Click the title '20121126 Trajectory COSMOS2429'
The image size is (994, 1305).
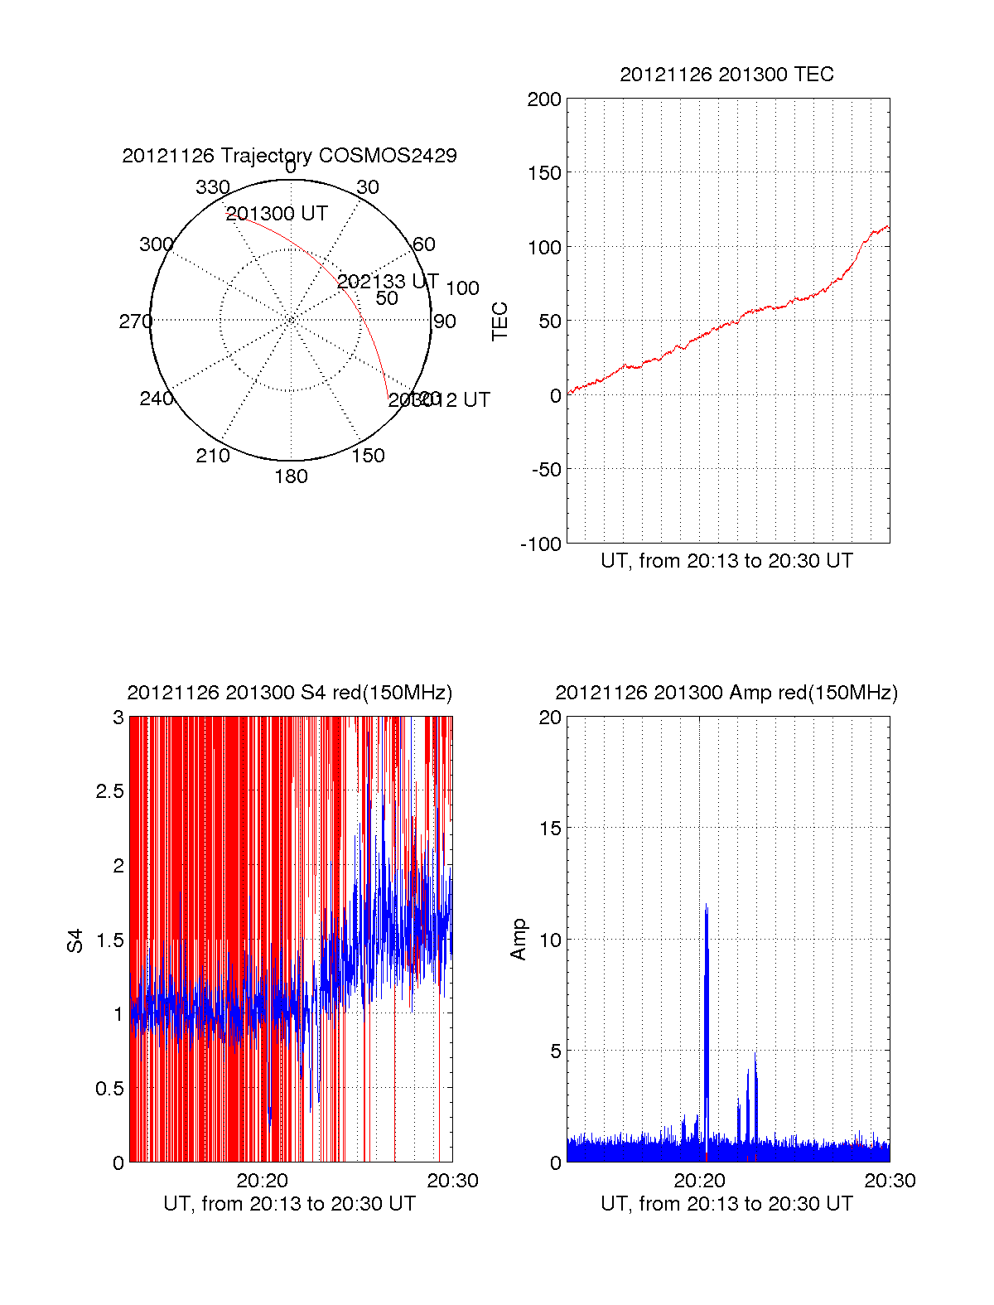click(x=289, y=156)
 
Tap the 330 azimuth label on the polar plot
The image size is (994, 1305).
click(x=212, y=187)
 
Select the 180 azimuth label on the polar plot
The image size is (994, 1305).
click(x=291, y=476)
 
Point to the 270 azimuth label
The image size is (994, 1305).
click(x=135, y=321)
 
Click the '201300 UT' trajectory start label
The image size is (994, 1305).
click(x=277, y=214)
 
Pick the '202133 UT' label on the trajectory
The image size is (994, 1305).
click(x=388, y=282)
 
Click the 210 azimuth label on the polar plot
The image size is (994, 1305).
click(x=212, y=456)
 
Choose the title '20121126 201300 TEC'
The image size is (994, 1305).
click(x=726, y=75)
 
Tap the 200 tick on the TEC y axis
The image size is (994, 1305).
click(x=544, y=100)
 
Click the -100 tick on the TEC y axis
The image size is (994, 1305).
click(x=541, y=544)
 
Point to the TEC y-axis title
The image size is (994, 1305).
click(x=500, y=321)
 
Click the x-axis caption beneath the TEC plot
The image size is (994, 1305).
click(x=726, y=561)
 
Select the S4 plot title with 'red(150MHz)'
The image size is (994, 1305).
click(x=289, y=693)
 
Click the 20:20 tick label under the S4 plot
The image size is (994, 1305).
click(x=263, y=1181)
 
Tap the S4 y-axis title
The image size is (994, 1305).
click(x=75, y=941)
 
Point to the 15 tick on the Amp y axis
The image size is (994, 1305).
click(x=550, y=829)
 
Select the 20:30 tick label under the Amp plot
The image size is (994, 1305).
click(x=890, y=1181)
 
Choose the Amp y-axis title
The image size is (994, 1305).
click(x=519, y=940)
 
